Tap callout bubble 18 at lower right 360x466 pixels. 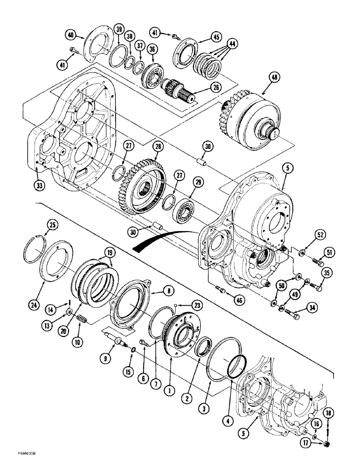328,413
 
